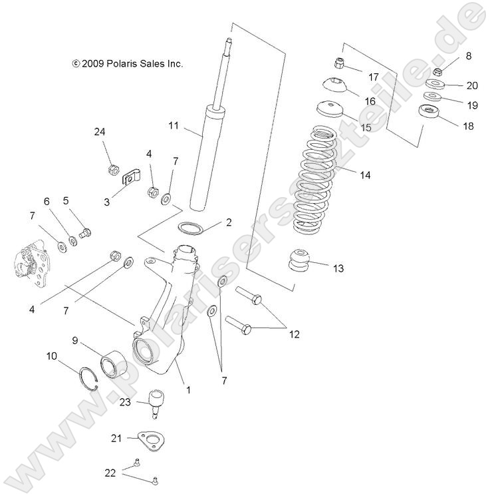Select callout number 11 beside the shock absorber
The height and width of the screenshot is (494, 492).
tap(174, 125)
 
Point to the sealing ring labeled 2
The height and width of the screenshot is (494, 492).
tap(191, 228)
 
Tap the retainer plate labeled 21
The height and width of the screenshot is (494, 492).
tap(148, 441)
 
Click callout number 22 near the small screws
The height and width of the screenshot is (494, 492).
tap(110, 473)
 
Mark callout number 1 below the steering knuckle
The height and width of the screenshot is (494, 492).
tap(188, 389)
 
